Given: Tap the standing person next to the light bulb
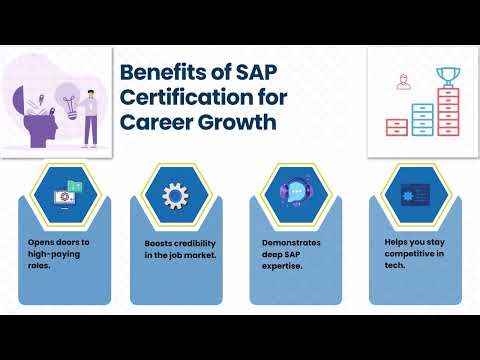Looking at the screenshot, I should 91,115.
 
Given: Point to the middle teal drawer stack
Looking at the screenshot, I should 424,115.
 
